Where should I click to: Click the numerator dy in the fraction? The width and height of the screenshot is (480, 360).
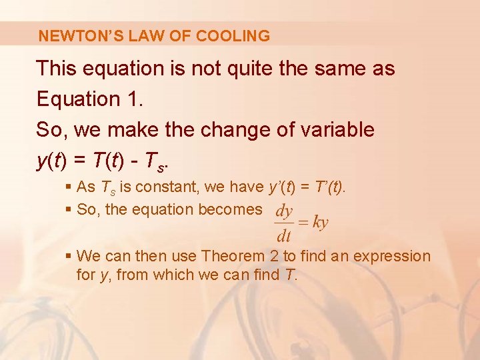click(284, 212)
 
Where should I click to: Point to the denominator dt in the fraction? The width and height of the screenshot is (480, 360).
click(284, 235)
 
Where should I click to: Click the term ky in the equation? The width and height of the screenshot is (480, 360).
click(320, 223)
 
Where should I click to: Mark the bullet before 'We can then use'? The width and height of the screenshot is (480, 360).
click(69, 256)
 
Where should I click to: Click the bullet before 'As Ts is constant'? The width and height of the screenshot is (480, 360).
click(69, 187)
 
